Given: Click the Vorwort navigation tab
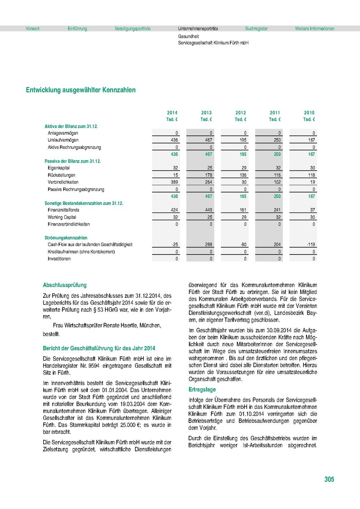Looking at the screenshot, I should coord(33,29).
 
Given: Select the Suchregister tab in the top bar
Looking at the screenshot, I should coord(256,29).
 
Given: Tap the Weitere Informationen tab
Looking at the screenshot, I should coord(315,29).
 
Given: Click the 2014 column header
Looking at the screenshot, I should coord(172,112).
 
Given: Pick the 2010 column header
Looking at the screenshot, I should coord(309,112).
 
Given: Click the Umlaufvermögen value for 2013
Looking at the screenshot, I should coord(206,140).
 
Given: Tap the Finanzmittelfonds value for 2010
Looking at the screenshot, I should coord(312,210).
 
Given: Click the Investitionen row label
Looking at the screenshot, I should coord(59,259).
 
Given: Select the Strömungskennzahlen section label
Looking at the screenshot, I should coord(66,238).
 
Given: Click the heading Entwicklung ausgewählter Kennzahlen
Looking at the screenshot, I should coord(81,90).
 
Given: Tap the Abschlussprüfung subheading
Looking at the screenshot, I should coord(65,285).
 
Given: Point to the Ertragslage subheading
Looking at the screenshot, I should coord(202,389).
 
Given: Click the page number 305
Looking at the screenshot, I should coord(329,479).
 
